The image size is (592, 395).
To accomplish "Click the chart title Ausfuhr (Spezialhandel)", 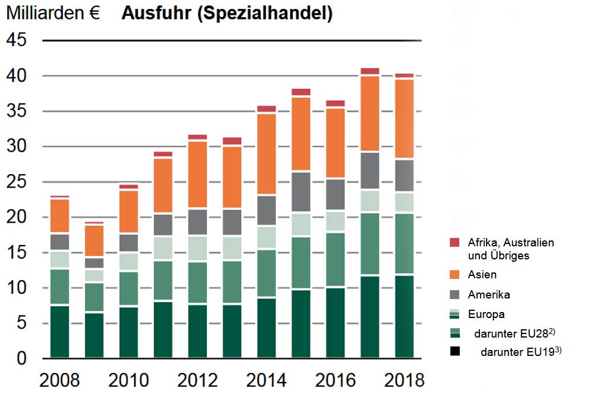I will [x=226, y=14].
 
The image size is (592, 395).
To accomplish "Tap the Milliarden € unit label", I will [x=53, y=14].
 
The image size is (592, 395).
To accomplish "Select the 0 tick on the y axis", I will [x=22, y=359].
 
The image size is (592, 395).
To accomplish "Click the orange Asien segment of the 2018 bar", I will [x=404, y=118].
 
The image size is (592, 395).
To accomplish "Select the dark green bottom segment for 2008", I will [x=59, y=332].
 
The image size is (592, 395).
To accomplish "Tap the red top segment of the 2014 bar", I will [x=266, y=109].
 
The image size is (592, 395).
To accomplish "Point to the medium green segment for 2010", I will [x=129, y=289].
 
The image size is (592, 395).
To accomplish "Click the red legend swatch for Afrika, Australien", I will [x=455, y=242].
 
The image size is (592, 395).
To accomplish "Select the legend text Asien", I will [x=482, y=274].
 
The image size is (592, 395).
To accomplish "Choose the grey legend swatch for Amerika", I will [x=455, y=294].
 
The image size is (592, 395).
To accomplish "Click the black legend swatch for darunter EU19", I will [x=455, y=351].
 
